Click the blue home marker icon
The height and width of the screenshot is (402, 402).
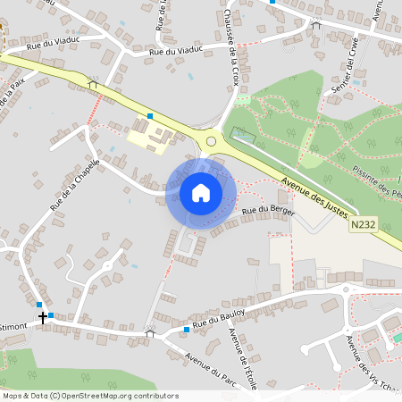tap(201, 193)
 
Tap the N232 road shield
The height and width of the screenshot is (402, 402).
tap(363, 226)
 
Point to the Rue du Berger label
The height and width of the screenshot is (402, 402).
tap(268, 211)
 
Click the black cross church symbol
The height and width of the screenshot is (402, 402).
tap(42, 317)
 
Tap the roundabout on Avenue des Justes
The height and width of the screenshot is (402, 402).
tap(212, 140)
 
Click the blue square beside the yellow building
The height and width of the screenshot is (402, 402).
tap(150, 116)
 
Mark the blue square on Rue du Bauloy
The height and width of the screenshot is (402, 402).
tap(186, 331)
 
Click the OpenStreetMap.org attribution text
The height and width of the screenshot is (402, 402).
tap(106, 396)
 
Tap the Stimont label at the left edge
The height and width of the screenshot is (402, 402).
tap(16, 326)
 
